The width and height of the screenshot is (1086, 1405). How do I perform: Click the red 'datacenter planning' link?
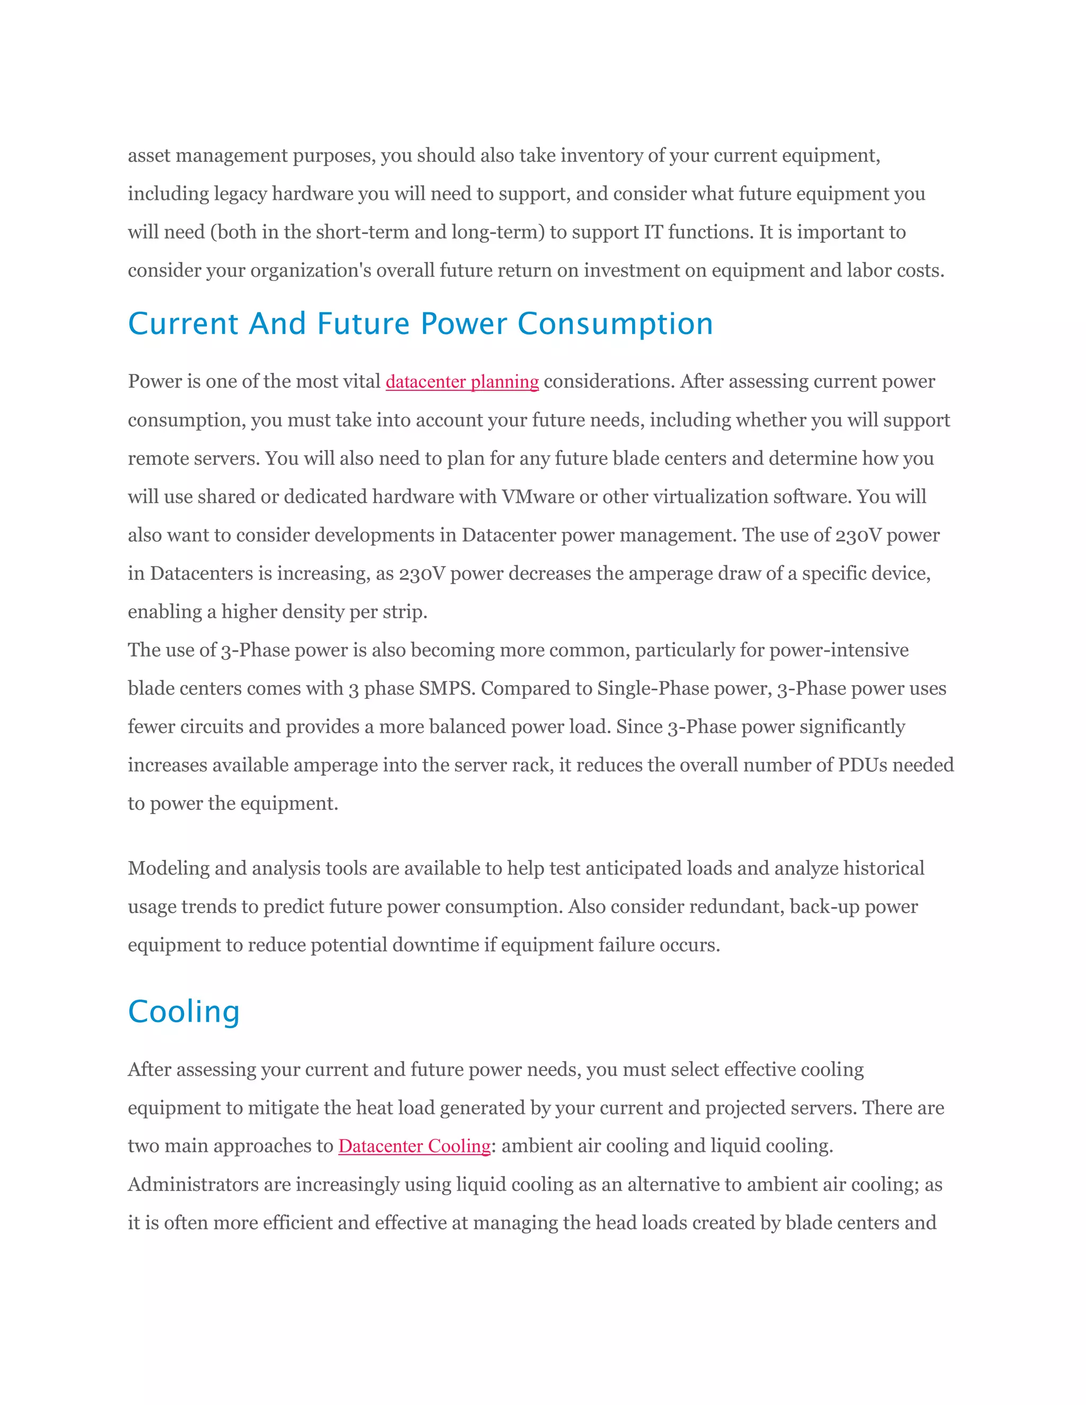pyautogui.click(x=462, y=382)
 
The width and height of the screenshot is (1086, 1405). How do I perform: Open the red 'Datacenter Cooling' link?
pyautogui.click(x=414, y=1146)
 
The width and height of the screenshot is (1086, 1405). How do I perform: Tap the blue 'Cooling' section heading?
pyautogui.click(x=184, y=1012)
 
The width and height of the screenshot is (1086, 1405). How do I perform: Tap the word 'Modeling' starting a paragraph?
pyautogui.click(x=169, y=868)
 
